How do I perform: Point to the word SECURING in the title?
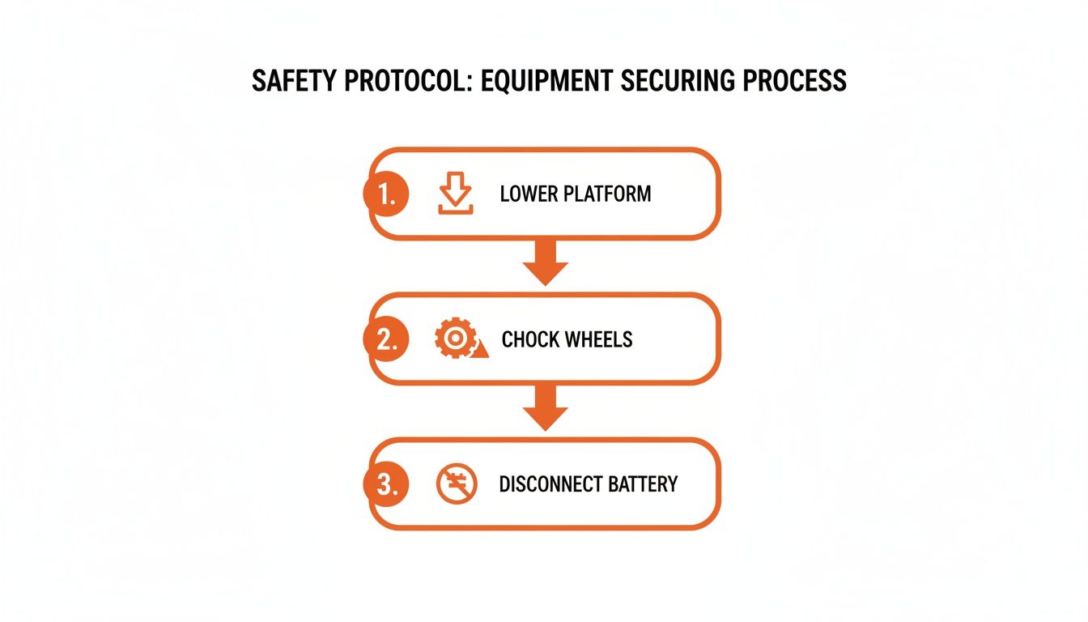pos(678,81)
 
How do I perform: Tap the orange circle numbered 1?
pos(386,194)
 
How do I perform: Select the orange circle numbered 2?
pos(386,339)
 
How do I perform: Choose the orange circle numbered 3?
pos(386,484)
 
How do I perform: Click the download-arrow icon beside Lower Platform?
pos(456,193)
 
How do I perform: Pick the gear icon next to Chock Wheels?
pos(455,338)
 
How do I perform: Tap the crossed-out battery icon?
pos(457,484)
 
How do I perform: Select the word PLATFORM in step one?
pos(607,194)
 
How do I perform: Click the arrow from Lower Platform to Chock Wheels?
pos(546,262)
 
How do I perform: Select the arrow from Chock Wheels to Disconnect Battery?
pos(546,407)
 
